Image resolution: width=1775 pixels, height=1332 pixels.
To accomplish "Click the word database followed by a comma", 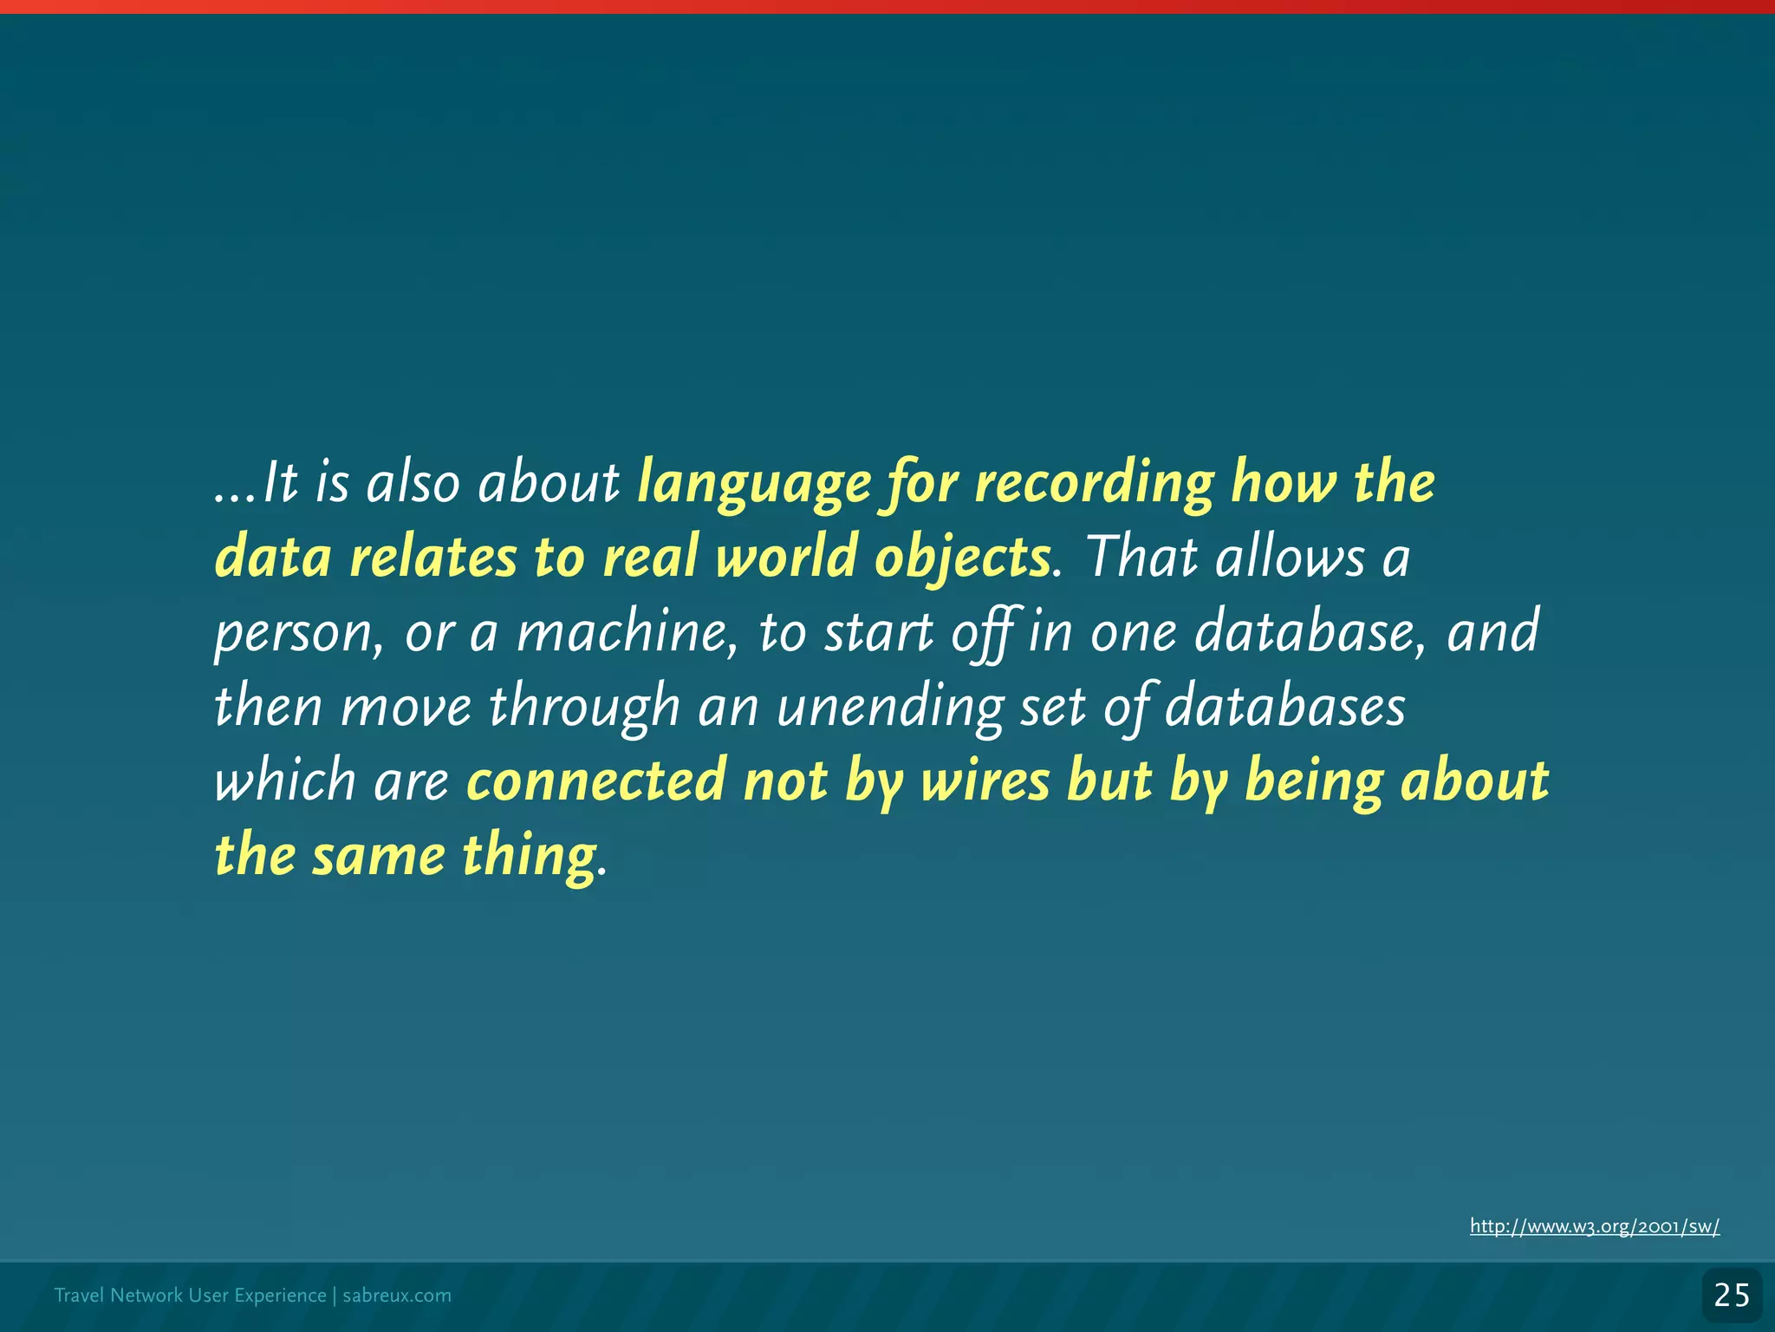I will [1309, 632].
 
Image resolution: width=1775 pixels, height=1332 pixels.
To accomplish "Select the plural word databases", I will [1284, 707].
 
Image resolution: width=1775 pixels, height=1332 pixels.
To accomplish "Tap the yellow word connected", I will [595, 780].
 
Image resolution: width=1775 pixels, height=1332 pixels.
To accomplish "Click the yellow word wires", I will [985, 780].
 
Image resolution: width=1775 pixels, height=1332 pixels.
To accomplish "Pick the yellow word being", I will [1314, 780].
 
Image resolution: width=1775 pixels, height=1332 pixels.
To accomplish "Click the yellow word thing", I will [530, 856].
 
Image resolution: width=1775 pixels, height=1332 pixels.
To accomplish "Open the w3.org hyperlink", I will [1594, 1226].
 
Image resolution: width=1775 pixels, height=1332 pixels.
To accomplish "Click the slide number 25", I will [1732, 1296].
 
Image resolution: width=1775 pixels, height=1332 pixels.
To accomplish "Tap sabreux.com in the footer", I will [397, 1296].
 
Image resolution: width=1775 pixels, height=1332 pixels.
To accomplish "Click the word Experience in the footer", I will [280, 1296].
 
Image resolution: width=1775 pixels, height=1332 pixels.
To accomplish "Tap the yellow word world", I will [787, 558].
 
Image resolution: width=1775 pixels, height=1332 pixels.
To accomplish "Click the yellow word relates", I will [432, 558].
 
